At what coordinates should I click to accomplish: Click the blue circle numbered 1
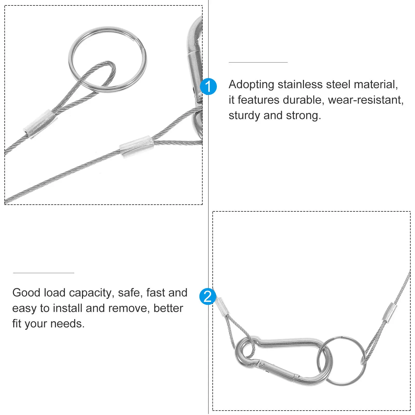click(x=208, y=86)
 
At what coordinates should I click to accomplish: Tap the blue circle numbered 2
click(x=208, y=296)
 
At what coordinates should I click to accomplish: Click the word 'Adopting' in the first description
click(x=251, y=85)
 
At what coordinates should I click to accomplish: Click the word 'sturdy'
click(x=244, y=116)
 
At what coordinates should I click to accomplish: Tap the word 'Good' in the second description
click(x=26, y=293)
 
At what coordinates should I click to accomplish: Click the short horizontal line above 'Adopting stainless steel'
click(x=258, y=62)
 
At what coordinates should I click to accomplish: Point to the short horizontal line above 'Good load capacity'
click(x=44, y=273)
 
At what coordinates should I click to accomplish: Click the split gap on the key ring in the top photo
click(x=142, y=47)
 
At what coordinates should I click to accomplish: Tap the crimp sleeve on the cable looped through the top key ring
click(x=40, y=124)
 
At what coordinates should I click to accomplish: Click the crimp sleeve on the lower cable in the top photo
click(x=137, y=147)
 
